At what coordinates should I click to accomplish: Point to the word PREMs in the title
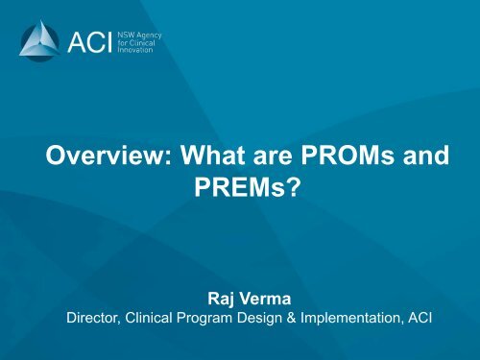[238, 189]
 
